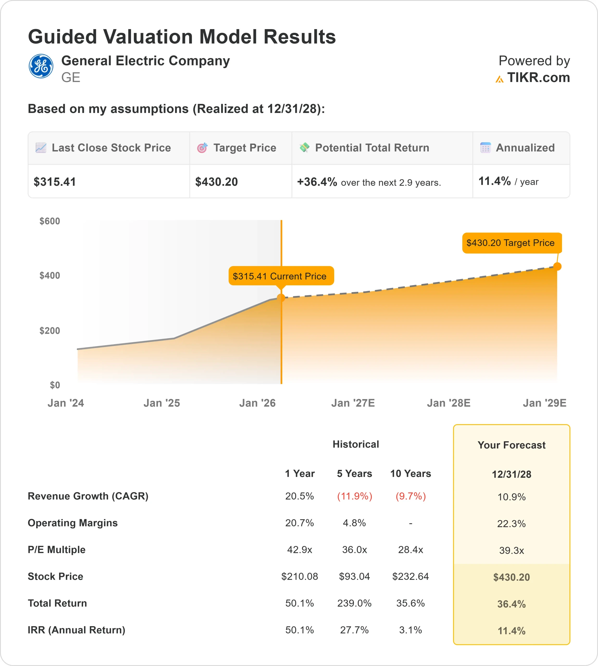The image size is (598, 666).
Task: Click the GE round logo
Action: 41,66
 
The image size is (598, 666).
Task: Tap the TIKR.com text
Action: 538,78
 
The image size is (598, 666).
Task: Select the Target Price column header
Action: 245,148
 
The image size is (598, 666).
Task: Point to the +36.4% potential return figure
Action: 317,182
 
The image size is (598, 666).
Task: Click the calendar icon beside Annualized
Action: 485,148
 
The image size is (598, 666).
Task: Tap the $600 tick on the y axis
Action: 49,221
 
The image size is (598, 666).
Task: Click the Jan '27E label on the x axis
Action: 353,403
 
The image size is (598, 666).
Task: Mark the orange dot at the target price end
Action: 557,267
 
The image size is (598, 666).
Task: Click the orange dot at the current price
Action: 281,298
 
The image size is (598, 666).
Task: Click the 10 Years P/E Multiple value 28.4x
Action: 410,549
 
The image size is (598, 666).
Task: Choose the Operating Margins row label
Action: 73,523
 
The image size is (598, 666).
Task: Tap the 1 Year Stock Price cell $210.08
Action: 299,577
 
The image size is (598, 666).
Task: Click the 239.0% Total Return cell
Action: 354,603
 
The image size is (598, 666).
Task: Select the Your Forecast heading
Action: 511,445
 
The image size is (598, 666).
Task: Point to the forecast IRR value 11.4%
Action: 511,631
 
